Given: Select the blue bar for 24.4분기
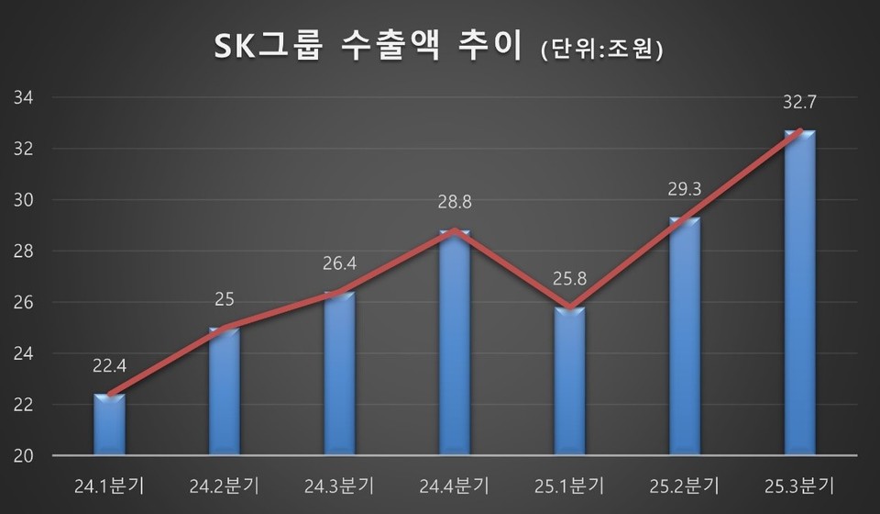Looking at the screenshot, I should (x=455, y=344).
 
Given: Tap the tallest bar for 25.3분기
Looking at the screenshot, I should (x=799, y=294).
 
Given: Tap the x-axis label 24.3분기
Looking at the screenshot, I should (x=339, y=484).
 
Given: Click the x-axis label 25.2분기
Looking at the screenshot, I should (x=684, y=484).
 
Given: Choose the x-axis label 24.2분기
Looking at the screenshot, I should (x=225, y=484).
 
